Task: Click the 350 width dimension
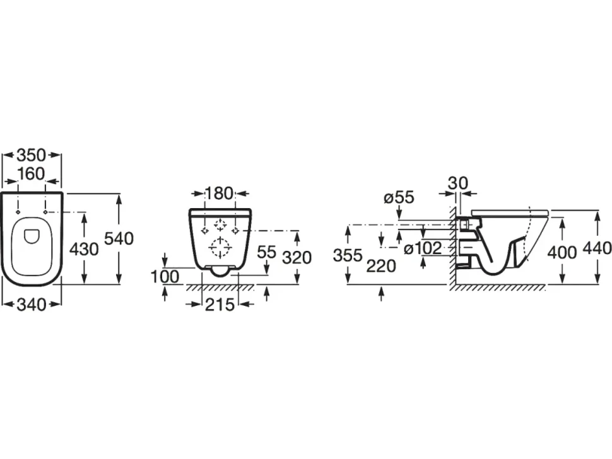click(x=31, y=155)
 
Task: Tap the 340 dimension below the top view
click(x=32, y=305)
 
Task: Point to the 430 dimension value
click(x=84, y=249)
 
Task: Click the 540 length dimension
click(x=119, y=238)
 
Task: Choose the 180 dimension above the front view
click(x=219, y=193)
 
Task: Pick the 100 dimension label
click(x=165, y=277)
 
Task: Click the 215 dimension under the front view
click(x=220, y=305)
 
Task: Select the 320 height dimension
click(x=297, y=257)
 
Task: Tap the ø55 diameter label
click(x=399, y=197)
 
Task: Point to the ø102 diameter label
click(x=423, y=248)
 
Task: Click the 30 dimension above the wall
click(x=458, y=182)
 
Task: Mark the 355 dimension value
click(x=348, y=255)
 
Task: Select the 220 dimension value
click(x=381, y=266)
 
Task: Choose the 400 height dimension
click(x=562, y=252)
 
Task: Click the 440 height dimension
click(x=597, y=248)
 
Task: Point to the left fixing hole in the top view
click(x=18, y=212)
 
